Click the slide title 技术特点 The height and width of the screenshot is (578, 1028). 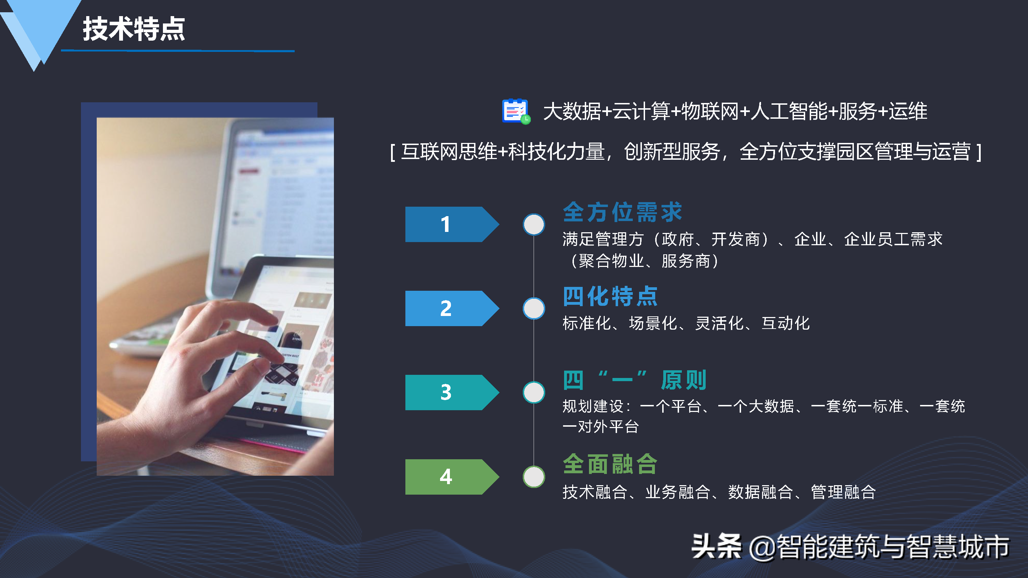[x=134, y=29]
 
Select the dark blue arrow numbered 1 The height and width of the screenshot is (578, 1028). [x=452, y=224]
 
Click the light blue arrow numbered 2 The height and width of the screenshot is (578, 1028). [x=452, y=308]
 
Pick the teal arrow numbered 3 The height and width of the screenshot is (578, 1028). [x=452, y=392]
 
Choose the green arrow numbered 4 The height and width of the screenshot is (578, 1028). [x=452, y=477]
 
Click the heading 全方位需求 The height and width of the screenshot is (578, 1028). [x=623, y=212]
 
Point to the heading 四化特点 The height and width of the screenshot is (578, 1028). [x=610, y=296]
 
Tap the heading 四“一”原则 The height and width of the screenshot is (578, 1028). [x=635, y=380]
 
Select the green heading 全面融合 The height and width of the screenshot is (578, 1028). [x=610, y=464]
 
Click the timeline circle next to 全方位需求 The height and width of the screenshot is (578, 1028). [x=534, y=224]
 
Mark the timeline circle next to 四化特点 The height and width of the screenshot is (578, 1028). [x=534, y=308]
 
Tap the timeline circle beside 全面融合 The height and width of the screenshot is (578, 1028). [x=534, y=477]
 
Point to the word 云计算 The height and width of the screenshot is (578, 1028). [x=641, y=111]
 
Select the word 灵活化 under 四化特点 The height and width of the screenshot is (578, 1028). [x=719, y=323]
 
